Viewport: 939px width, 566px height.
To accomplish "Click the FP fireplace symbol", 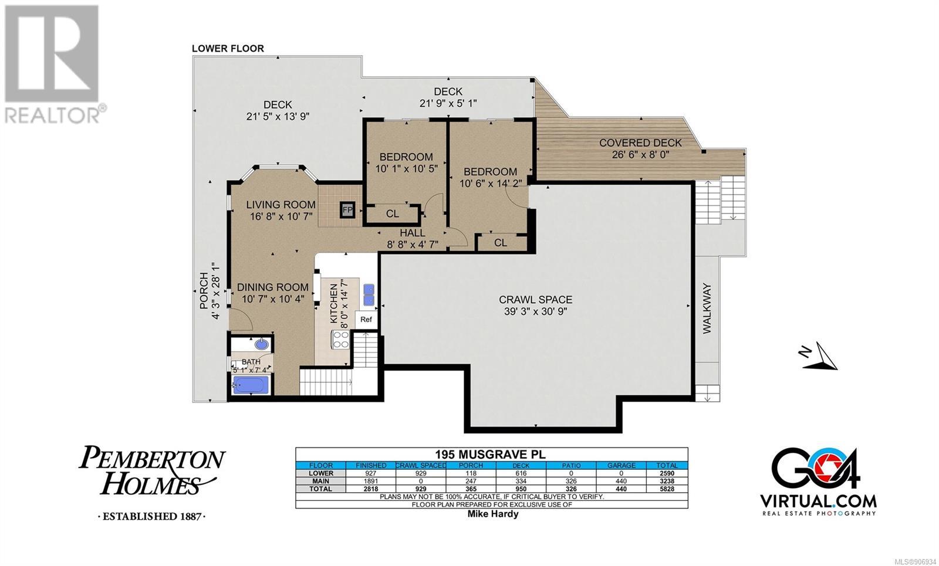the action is coord(347,209).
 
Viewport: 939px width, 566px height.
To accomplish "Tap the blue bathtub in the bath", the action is coord(251,385).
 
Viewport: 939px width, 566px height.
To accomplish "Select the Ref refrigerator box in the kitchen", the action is coord(366,319).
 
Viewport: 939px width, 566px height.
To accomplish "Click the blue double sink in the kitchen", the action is coord(369,295).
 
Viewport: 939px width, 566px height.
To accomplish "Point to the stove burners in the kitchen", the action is coord(340,340).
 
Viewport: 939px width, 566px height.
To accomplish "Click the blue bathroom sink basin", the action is coord(262,344).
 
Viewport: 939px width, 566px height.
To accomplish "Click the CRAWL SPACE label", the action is coord(535,300).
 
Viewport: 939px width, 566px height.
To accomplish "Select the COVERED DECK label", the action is coord(640,143).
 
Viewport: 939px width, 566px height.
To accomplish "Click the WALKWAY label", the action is coord(707,309).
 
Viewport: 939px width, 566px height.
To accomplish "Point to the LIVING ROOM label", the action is coord(281,205).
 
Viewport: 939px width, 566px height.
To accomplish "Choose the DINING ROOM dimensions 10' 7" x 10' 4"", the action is coord(273,299).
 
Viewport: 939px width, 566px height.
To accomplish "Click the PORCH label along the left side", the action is coord(204,291).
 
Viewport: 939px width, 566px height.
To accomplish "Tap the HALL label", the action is coord(413,233).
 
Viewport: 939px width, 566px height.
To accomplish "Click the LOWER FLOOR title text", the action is coord(228,49).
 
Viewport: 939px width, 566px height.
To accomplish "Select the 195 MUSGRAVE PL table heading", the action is coord(491,455).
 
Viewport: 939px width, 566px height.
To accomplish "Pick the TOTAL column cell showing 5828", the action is coord(667,489).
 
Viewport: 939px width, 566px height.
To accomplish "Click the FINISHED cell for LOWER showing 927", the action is coord(371,473).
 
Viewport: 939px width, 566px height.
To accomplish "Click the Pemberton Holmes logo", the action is coord(152,482).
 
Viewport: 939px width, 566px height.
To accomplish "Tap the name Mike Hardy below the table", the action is coord(493,514).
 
